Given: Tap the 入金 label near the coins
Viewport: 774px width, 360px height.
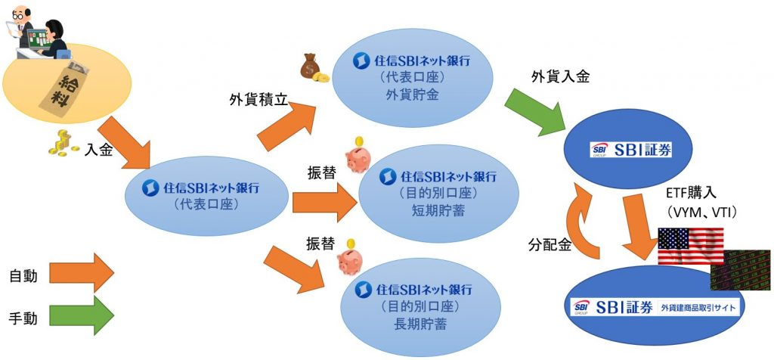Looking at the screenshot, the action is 99,150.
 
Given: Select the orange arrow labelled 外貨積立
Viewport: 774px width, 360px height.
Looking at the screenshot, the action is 286,125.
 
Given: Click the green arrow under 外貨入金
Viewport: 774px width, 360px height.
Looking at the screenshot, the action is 535,113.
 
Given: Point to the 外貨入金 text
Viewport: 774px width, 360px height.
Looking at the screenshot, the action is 560,76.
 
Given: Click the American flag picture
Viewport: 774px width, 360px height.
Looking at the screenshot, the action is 691,246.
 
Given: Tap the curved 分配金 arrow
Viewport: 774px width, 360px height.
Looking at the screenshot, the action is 583,219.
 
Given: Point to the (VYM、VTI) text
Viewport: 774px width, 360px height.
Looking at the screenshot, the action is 700,213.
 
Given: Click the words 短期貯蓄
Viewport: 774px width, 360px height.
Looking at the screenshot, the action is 438,211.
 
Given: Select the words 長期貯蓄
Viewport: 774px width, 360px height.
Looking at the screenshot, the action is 420,325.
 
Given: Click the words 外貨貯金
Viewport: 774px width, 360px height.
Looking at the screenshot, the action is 412,95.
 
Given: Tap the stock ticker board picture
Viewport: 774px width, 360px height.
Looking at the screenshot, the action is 741,269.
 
